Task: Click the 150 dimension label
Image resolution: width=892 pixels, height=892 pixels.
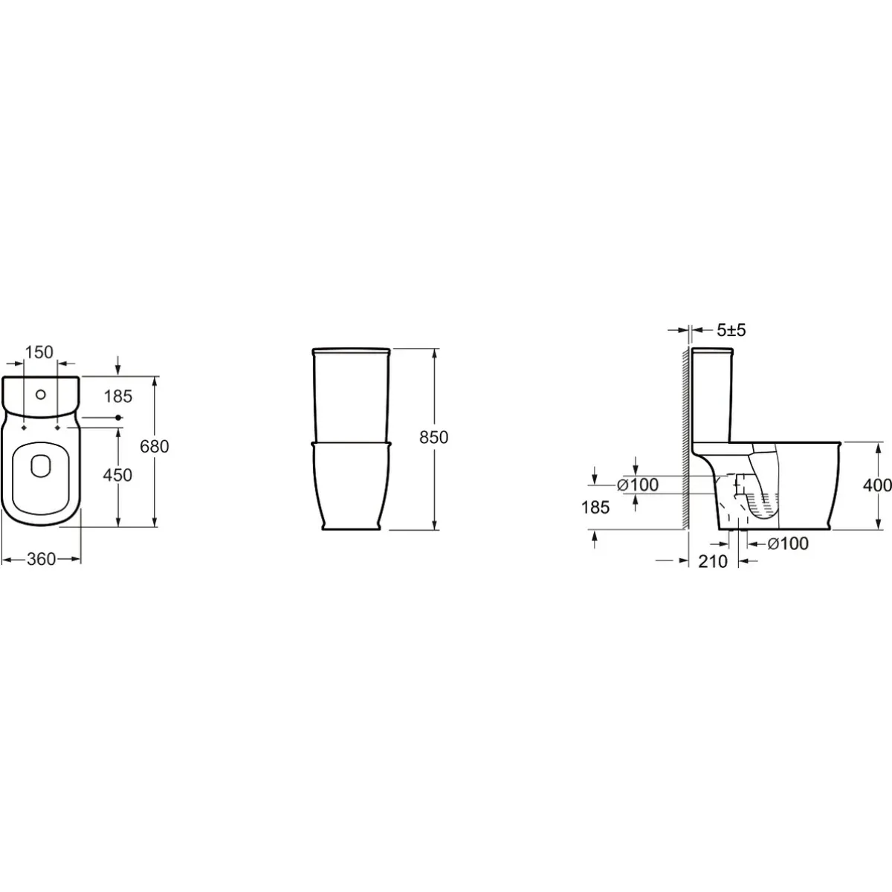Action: [x=39, y=352]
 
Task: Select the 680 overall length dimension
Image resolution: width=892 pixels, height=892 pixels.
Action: [x=155, y=446]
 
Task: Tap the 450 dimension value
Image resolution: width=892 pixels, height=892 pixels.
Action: [x=117, y=475]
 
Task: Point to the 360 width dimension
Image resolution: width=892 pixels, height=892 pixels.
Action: [x=41, y=559]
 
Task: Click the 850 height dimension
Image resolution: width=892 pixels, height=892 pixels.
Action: [x=433, y=437]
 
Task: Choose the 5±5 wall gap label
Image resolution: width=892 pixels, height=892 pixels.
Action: [x=731, y=330]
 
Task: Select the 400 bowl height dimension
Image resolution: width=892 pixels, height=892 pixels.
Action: [x=877, y=485]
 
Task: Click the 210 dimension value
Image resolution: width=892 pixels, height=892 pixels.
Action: [x=713, y=561]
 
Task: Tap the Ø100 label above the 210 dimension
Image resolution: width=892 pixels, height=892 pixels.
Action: [x=788, y=543]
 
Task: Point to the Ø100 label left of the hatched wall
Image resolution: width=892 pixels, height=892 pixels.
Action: [x=637, y=485]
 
